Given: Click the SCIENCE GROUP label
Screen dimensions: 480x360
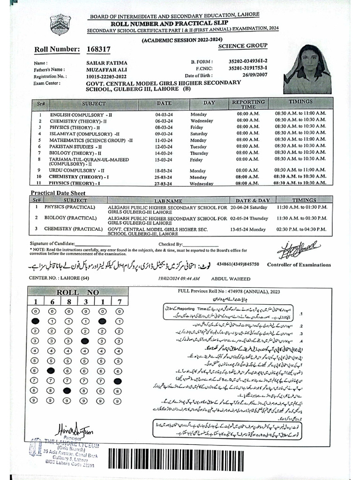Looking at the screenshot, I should pos(243,45).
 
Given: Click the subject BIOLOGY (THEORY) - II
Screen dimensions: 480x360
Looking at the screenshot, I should pos(75,153).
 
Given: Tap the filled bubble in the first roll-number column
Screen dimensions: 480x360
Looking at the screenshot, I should pos(35,321).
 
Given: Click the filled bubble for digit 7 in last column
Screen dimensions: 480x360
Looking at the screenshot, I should pos(117,368).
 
